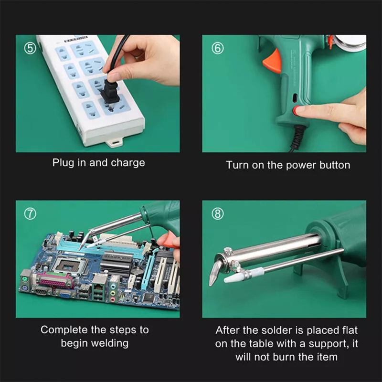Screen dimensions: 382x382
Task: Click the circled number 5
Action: (x=30, y=48)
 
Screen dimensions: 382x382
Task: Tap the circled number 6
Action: (x=217, y=48)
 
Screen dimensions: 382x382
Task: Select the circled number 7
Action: (x=30, y=213)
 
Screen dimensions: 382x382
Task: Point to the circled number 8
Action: (x=217, y=213)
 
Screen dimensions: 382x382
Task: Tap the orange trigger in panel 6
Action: (x=273, y=61)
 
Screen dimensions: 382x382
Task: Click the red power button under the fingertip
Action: (x=295, y=110)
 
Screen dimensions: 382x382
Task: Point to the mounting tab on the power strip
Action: (x=115, y=142)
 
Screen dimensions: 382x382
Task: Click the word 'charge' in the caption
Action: (x=127, y=163)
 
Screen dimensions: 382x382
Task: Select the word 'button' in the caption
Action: (x=335, y=165)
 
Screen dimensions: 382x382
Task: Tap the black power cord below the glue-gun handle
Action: (x=297, y=138)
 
